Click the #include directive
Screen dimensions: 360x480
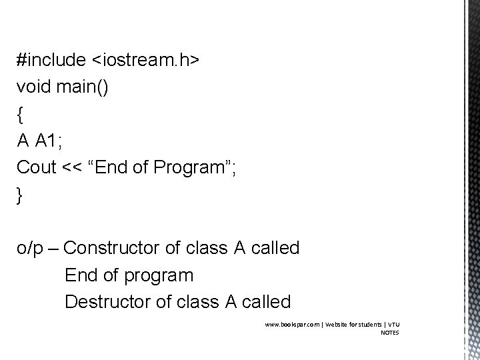pos(51,60)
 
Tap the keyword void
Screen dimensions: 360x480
pos(33,87)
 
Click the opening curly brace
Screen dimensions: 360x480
pos(21,114)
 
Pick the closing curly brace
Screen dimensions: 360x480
pos(21,195)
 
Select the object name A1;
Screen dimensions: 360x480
pos(51,141)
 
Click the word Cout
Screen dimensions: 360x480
pos(37,167)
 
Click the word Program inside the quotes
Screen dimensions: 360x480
pos(189,167)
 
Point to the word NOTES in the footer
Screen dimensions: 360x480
pos(390,332)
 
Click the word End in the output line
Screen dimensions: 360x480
pos(79,275)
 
